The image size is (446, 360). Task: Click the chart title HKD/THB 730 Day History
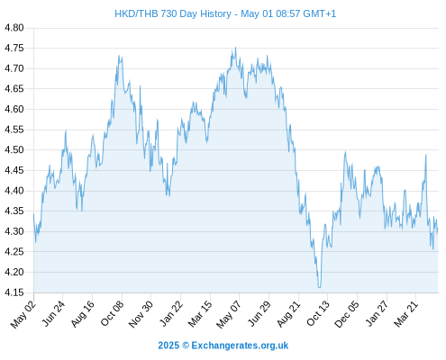pyautogui.click(x=173, y=13)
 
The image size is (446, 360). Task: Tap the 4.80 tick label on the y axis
pyautogui.click(x=14, y=28)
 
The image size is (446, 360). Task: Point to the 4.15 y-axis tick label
pyautogui.click(x=14, y=292)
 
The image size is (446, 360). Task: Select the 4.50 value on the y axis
pyautogui.click(x=14, y=149)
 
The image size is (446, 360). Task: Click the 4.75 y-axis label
pyautogui.click(x=14, y=48)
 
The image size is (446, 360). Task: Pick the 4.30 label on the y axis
pyautogui.click(x=14, y=231)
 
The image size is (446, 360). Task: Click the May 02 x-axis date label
pyautogui.click(x=23, y=314)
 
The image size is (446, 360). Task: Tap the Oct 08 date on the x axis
pyautogui.click(x=112, y=314)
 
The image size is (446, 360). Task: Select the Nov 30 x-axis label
pyautogui.click(x=141, y=314)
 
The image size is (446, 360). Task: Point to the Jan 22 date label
pyautogui.click(x=170, y=314)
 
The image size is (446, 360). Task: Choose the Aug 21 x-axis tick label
pyautogui.click(x=288, y=314)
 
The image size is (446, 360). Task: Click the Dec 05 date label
pyautogui.click(x=346, y=314)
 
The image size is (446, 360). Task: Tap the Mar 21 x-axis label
pyautogui.click(x=405, y=314)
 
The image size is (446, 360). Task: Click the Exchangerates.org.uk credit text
pyautogui.click(x=240, y=346)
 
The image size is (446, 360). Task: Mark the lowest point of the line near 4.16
pyautogui.click(x=319, y=287)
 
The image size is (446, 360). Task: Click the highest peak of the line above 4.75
pyautogui.click(x=235, y=48)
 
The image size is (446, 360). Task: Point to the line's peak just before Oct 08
pyautogui.click(x=119, y=56)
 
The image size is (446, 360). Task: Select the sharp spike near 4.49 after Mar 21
pyautogui.click(x=425, y=155)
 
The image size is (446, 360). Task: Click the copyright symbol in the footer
pyautogui.click(x=186, y=346)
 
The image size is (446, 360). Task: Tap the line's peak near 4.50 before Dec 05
pyautogui.click(x=345, y=152)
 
